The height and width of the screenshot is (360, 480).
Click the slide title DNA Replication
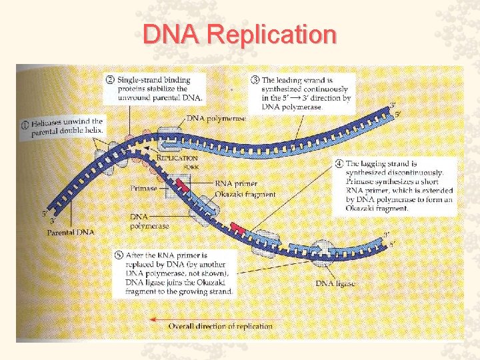[240, 34]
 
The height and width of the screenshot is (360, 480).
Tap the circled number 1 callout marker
[24, 123]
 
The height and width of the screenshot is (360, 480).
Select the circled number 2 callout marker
[110, 80]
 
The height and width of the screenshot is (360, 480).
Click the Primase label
[144, 189]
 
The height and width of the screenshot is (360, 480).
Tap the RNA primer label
[235, 183]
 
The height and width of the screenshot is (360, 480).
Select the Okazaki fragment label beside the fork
[245, 194]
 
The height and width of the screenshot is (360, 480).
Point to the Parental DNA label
[70, 232]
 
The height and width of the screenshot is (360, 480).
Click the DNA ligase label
[335, 283]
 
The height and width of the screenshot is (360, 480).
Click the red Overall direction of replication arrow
[157, 320]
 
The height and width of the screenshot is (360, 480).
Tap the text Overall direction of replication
[220, 326]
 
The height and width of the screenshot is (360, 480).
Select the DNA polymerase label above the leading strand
[216, 119]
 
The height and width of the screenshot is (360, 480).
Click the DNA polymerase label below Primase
[149, 221]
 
